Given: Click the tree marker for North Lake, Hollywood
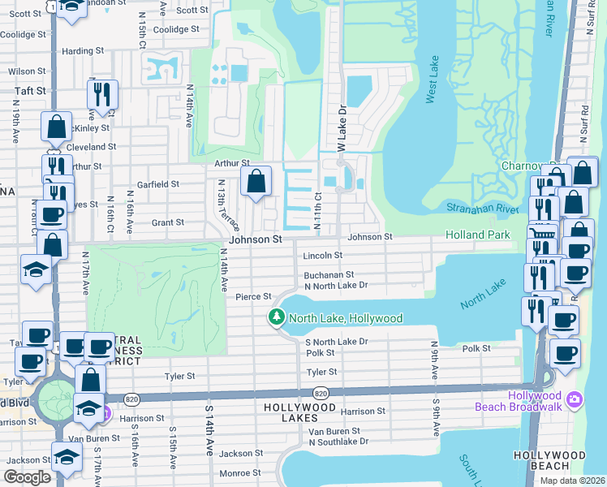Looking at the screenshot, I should (277, 317).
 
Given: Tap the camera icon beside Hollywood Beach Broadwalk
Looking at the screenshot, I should (575, 399).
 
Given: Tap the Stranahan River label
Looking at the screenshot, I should (483, 209).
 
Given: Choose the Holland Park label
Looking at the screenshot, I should (478, 235).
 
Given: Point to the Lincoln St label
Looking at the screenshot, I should (323, 255).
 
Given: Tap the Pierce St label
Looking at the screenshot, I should (247, 297).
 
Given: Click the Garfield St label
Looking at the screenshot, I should (157, 184).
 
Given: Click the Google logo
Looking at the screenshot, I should (28, 477).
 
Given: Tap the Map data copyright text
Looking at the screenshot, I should (573, 481).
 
